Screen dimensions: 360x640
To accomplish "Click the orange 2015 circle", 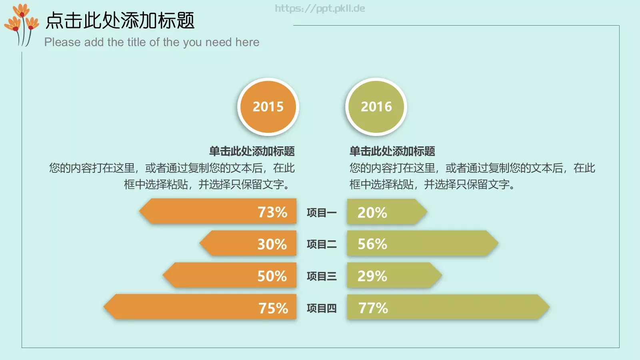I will (x=268, y=107).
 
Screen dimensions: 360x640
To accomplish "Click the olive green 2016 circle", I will (x=376, y=107).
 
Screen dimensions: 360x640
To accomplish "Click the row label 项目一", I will (x=322, y=212).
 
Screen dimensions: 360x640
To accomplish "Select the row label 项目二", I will (x=322, y=244).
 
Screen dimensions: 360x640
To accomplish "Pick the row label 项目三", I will (x=322, y=276).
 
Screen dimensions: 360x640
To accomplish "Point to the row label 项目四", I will (x=322, y=308).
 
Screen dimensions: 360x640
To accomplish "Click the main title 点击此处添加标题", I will (x=120, y=20).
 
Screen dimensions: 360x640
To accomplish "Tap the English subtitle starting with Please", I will (x=152, y=42).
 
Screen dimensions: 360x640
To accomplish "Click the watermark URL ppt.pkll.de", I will (x=320, y=8).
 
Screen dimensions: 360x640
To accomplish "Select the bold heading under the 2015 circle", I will (x=252, y=151).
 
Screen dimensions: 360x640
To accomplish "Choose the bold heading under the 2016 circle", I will (x=392, y=151).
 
